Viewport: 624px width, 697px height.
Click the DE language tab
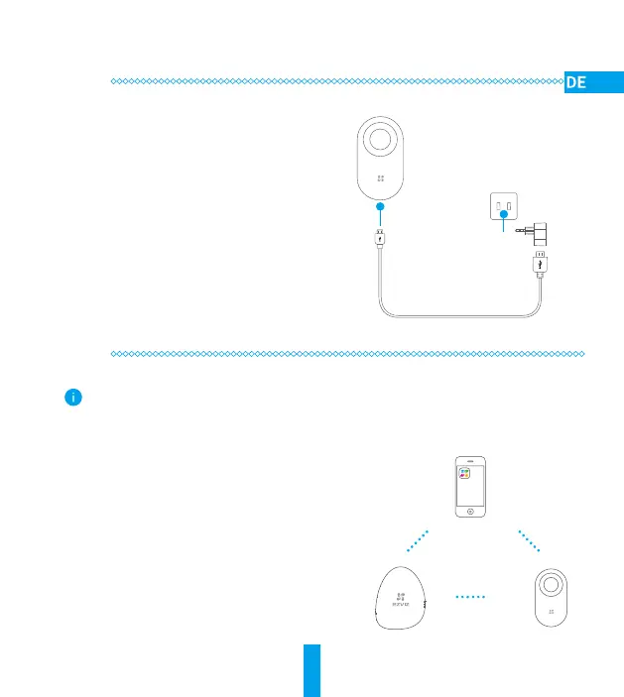coord(592,82)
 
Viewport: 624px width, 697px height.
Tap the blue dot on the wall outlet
coord(503,213)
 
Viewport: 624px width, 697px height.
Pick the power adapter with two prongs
coord(540,233)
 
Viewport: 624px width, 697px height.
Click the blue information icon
coord(72,397)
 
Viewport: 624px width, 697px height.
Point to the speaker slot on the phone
coord(464,460)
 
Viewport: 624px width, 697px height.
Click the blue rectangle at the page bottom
coord(312,669)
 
